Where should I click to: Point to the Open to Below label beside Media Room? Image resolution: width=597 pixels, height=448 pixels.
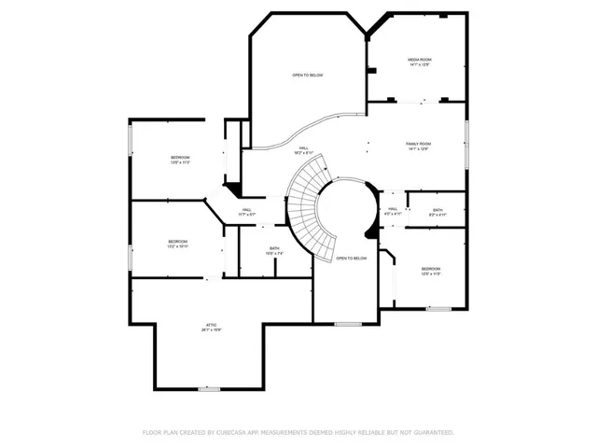[x=307, y=76]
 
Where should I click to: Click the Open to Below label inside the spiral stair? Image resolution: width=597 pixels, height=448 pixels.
[x=352, y=258]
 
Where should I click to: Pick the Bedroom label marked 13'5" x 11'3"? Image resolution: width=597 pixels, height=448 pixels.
[x=180, y=159]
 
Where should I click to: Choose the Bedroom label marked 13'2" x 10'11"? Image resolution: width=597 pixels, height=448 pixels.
[x=177, y=245]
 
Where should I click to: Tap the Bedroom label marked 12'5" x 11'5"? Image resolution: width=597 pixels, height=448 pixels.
[x=430, y=271]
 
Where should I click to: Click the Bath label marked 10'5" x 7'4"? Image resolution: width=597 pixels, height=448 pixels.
[x=274, y=251]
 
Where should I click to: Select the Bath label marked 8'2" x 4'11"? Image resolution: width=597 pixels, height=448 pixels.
[x=437, y=212]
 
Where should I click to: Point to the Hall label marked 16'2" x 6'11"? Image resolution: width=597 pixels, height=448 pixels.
[x=304, y=150]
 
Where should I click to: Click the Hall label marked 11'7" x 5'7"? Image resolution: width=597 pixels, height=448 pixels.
[x=247, y=212]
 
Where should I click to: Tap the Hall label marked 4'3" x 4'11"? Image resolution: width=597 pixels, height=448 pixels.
[x=393, y=211]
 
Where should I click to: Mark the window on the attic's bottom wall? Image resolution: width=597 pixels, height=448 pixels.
[x=209, y=388]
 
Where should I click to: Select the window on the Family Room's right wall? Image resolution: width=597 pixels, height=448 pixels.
[x=465, y=145]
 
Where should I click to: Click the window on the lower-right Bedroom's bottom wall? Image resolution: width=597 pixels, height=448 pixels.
[x=438, y=308]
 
